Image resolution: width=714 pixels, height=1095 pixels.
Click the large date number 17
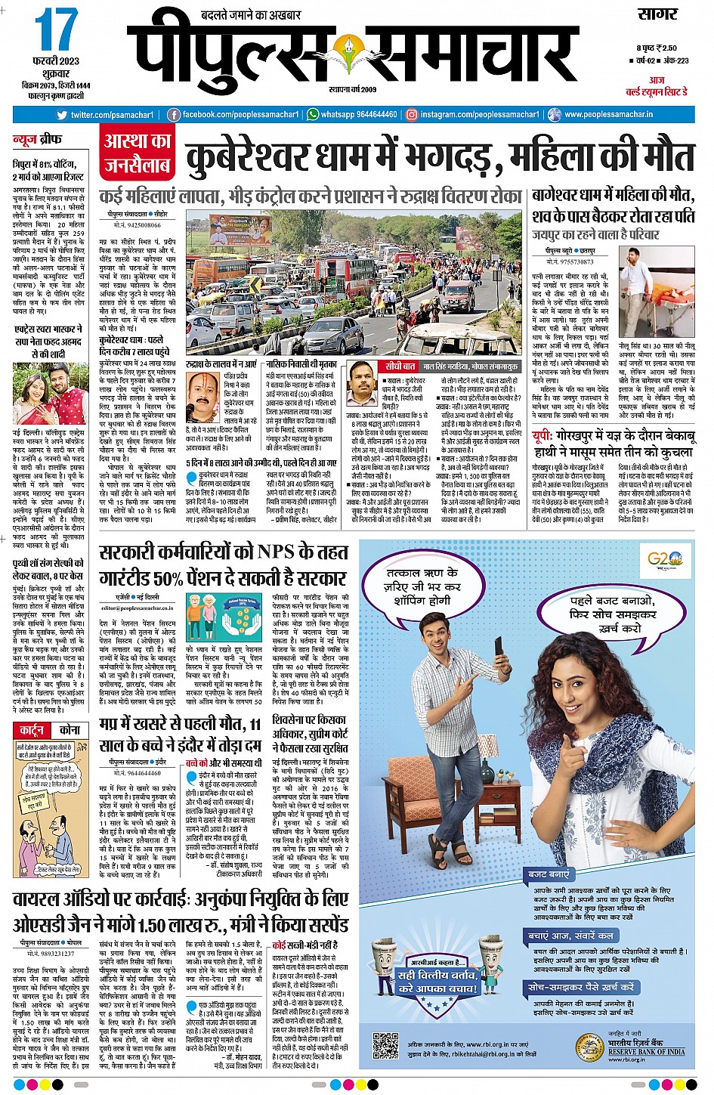pos(57,31)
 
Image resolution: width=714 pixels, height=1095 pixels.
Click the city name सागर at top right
pos(658,14)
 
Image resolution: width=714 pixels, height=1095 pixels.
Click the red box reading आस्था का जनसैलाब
pos(138,153)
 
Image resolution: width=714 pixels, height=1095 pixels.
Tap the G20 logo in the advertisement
pos(664,560)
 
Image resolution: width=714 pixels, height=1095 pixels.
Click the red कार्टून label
pos(32,730)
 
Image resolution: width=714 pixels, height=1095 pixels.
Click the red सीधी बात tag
pos(400,366)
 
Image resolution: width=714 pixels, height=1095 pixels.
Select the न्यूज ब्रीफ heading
pos(37,140)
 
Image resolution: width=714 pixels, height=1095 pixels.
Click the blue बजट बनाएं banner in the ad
pos(550,874)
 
